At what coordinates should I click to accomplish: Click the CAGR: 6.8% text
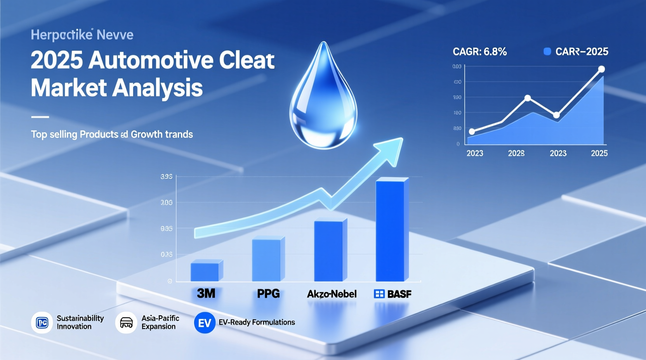click(479, 52)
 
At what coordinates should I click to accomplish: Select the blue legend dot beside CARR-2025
click(547, 52)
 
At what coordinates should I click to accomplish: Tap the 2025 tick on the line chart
click(599, 153)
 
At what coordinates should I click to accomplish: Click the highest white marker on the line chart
click(601, 69)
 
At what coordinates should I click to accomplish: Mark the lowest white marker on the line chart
click(472, 132)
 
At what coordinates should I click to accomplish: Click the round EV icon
click(205, 323)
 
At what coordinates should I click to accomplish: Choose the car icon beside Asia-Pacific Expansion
click(126, 322)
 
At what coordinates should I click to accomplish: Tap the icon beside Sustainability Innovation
click(42, 322)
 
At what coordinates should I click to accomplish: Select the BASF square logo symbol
click(379, 294)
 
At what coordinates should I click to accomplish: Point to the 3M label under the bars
click(206, 293)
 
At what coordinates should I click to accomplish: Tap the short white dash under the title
click(40, 117)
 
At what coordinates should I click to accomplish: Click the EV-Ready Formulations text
click(257, 322)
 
